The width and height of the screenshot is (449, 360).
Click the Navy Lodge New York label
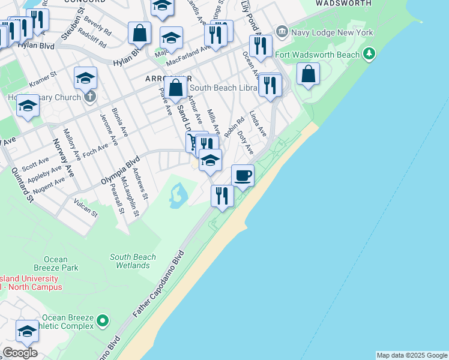[x=332, y=32]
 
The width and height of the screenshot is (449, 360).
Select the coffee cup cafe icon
[x=243, y=175]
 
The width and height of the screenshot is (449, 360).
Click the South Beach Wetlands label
[x=133, y=261]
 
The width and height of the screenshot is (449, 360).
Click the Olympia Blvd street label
[x=120, y=171]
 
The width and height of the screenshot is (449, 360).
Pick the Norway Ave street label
[x=65, y=161]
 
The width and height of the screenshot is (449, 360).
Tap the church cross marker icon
[x=89, y=96]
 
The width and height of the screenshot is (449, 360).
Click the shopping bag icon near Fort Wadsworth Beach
[x=308, y=74]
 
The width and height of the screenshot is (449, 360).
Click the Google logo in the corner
[x=20, y=353]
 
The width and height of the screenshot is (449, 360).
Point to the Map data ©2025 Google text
[x=412, y=355]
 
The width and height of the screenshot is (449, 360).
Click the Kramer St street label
[x=43, y=79]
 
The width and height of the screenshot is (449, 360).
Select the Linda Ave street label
[x=258, y=123]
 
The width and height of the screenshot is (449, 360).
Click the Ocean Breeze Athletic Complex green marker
[x=103, y=322]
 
